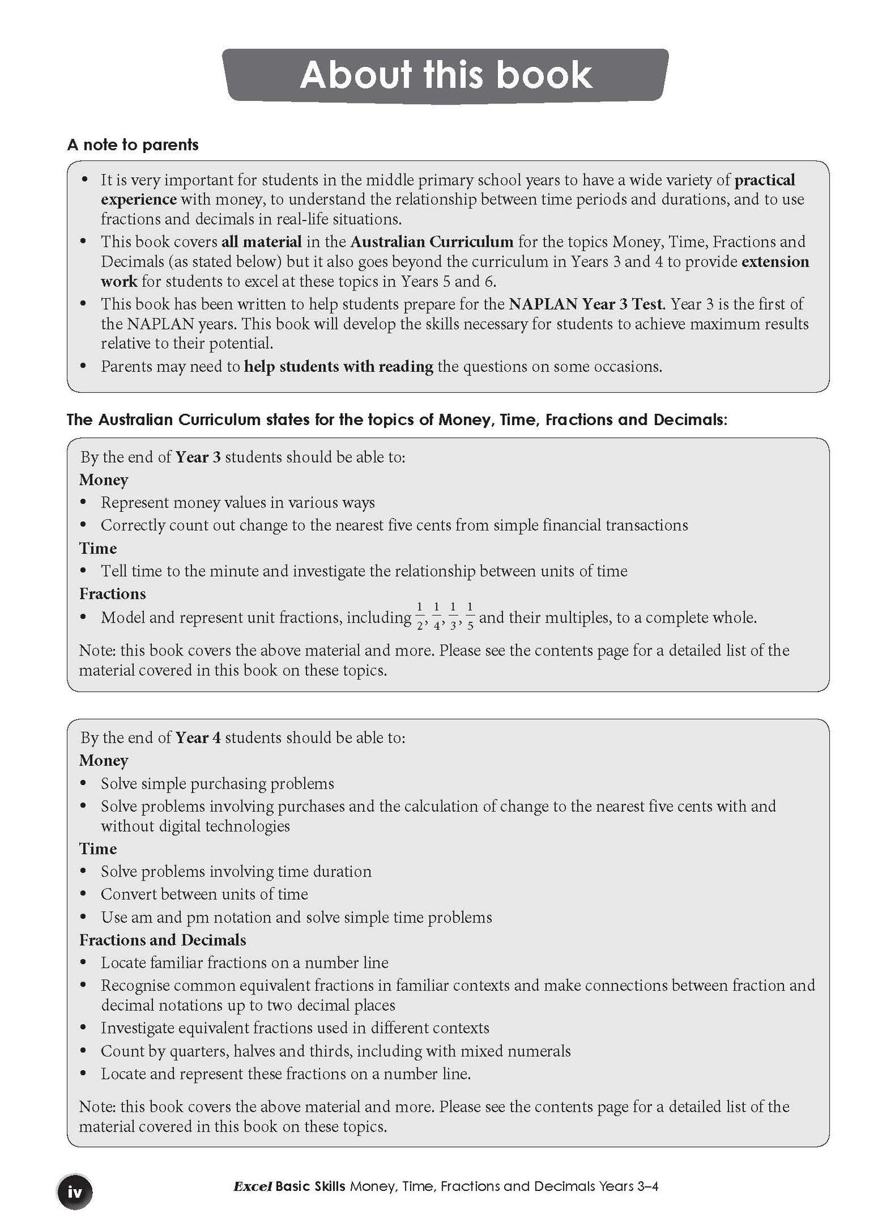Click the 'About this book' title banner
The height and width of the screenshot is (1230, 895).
446,75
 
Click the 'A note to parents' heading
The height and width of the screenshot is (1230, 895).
133,145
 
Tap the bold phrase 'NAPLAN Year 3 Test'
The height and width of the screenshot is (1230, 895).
586,304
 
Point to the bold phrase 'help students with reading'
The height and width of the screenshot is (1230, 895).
338,366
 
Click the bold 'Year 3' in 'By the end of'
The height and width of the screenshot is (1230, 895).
198,457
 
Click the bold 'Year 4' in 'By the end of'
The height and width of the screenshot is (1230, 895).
198,738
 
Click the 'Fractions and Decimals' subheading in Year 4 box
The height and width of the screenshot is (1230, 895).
162,940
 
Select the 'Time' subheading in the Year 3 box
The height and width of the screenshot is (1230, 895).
98,548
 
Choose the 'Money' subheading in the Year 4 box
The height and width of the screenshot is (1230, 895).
103,761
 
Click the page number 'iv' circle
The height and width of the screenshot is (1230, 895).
75,1192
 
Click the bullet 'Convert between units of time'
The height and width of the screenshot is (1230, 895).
204,894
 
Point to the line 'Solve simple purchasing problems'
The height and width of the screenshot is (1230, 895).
217,784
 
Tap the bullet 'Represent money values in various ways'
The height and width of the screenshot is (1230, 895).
238,503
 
